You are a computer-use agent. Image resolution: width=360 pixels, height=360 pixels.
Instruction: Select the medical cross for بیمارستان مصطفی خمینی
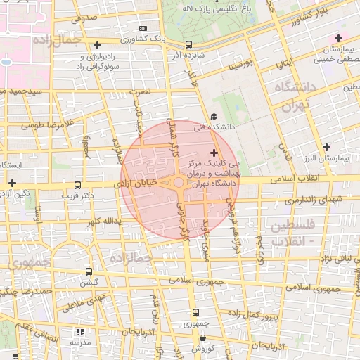coord(338,38)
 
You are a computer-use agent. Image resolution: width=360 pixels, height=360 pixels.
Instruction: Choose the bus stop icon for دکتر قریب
coord(77,186)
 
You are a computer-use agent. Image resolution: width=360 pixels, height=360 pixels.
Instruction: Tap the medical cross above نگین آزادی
coord(12,183)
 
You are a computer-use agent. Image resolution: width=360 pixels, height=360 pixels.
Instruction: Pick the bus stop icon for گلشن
coord(88,271)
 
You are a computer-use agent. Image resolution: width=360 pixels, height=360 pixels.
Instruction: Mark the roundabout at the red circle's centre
coord(179,183)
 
